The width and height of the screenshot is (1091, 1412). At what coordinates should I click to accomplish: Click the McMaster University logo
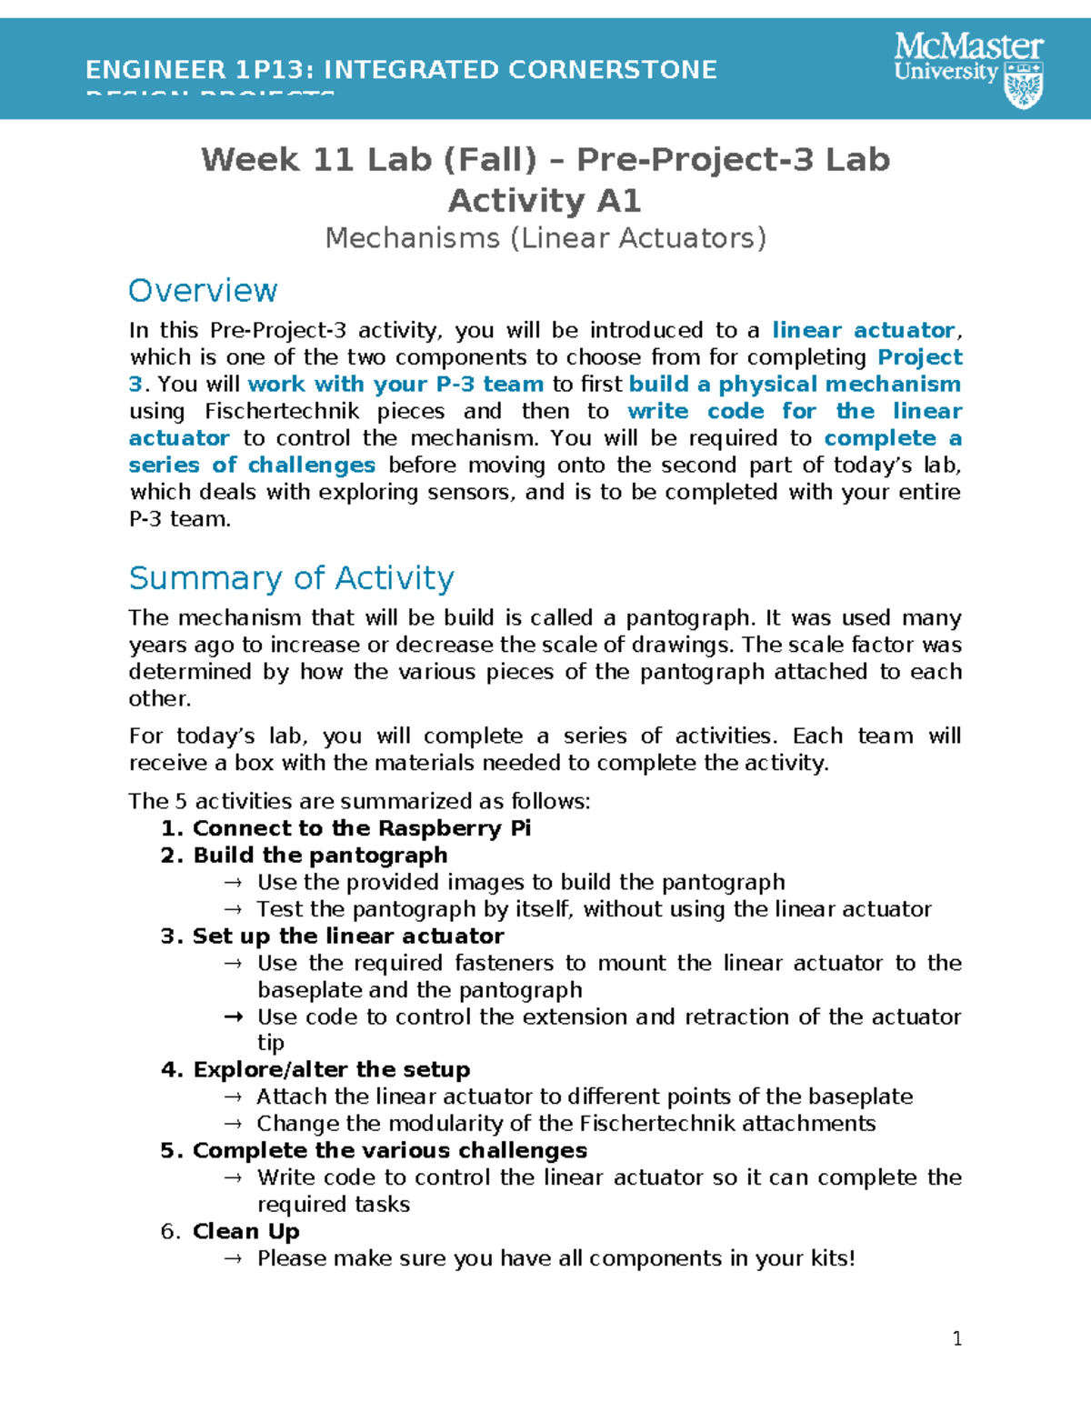tap(968, 69)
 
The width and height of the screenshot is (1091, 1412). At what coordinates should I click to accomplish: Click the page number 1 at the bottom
tap(956, 1338)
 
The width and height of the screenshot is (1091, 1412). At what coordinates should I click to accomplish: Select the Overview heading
tap(203, 291)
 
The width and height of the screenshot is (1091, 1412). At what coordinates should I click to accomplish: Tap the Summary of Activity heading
tap(291, 578)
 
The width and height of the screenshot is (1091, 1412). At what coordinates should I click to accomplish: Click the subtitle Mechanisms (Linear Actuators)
tap(545, 238)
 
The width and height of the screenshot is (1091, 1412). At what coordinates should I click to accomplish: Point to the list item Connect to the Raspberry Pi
tap(362, 828)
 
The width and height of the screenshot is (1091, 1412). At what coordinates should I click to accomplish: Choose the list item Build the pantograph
tap(320, 856)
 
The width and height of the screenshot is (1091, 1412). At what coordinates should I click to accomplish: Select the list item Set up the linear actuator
tap(348, 936)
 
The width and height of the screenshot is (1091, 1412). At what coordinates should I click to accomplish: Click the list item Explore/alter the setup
tap(332, 1070)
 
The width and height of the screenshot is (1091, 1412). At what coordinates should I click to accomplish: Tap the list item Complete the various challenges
tap(390, 1151)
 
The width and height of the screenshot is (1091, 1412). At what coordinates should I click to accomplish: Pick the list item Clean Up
tap(245, 1232)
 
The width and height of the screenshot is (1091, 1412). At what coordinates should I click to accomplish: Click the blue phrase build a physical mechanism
tap(795, 385)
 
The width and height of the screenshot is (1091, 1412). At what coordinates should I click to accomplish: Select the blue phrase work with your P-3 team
tap(395, 385)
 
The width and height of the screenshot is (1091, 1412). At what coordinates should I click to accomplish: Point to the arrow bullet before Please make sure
tap(233, 1259)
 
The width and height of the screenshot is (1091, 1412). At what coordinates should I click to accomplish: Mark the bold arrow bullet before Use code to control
tap(233, 1017)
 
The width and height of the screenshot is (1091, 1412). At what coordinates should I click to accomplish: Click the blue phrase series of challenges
tap(252, 466)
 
